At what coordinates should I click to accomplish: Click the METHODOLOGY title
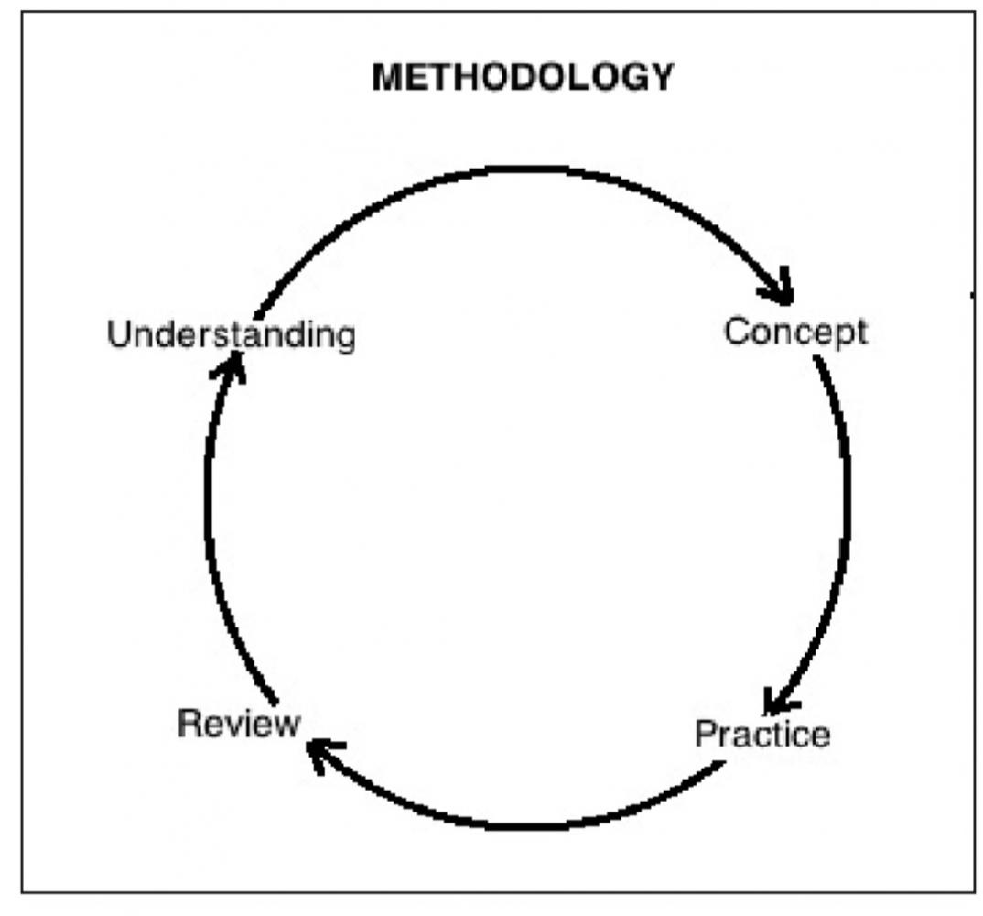[522, 78]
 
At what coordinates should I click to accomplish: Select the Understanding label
[231, 335]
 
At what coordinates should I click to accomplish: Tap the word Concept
[794, 331]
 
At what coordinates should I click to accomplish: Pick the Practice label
[762, 734]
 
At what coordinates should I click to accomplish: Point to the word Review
[238, 723]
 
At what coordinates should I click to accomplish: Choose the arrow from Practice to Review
[513, 823]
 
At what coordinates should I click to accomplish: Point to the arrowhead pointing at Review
[318, 754]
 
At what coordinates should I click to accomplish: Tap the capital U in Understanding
[118, 335]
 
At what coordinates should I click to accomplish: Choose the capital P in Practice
[705, 734]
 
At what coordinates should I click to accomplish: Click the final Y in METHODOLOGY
[662, 78]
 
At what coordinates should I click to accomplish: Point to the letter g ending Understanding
[345, 339]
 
